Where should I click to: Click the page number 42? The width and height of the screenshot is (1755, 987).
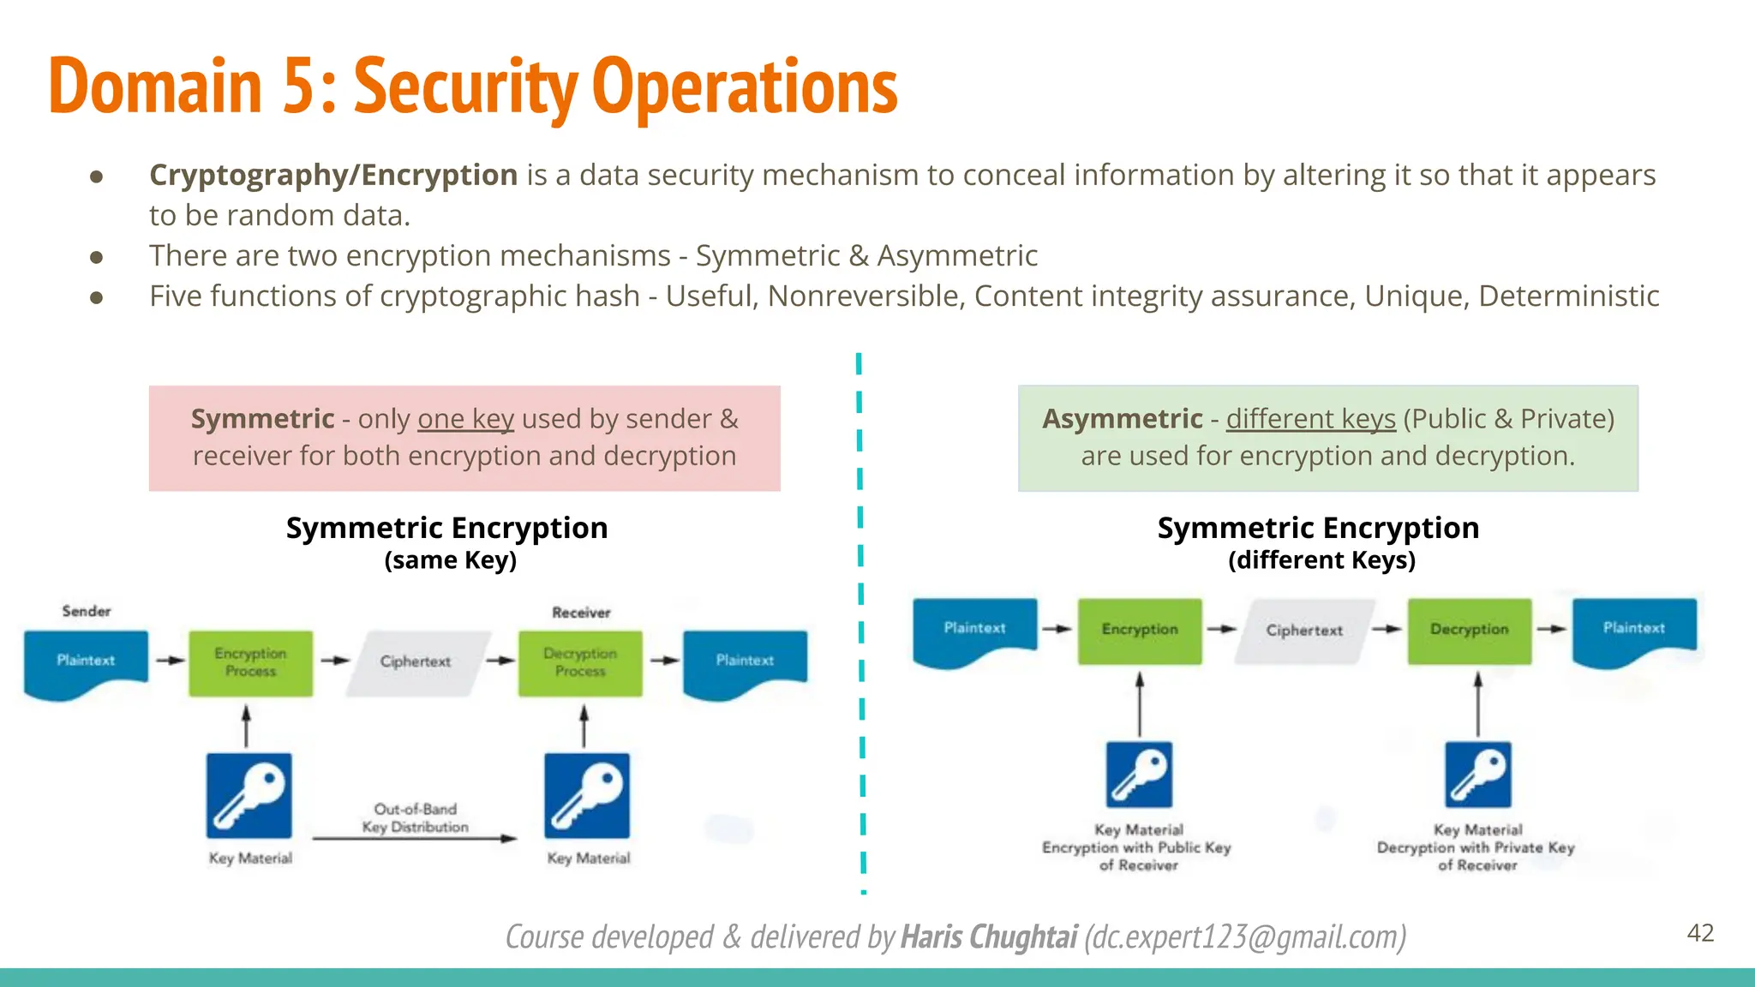pos(1700,933)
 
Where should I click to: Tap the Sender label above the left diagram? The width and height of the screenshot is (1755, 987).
pos(86,611)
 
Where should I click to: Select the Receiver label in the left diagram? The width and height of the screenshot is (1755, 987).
pos(581,613)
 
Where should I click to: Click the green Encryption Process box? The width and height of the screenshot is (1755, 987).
pos(250,663)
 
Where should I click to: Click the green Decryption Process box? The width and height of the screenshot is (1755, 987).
pos(580,663)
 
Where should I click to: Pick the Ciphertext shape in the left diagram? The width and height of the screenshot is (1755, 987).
pos(416,662)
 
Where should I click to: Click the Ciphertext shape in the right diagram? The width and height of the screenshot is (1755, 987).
pos(1304,631)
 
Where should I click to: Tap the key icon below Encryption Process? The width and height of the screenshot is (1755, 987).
pos(249,795)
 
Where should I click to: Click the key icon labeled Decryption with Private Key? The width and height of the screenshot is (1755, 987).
pos(1477,775)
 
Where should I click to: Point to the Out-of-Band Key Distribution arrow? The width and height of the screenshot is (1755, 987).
pos(415,837)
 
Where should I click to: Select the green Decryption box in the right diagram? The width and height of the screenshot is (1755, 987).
pos(1469,631)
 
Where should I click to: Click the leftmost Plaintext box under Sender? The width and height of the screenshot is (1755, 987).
pos(86,661)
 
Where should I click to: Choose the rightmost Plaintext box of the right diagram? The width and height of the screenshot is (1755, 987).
pos(1634,629)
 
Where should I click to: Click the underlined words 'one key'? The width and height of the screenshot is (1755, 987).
pos(465,419)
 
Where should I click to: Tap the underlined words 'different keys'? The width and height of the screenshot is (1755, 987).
pos(1310,419)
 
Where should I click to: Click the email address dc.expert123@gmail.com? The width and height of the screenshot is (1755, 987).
pos(1245,936)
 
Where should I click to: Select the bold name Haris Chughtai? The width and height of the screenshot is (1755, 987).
pos(989,936)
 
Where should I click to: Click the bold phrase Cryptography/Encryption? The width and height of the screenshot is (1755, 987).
pos(333,175)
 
